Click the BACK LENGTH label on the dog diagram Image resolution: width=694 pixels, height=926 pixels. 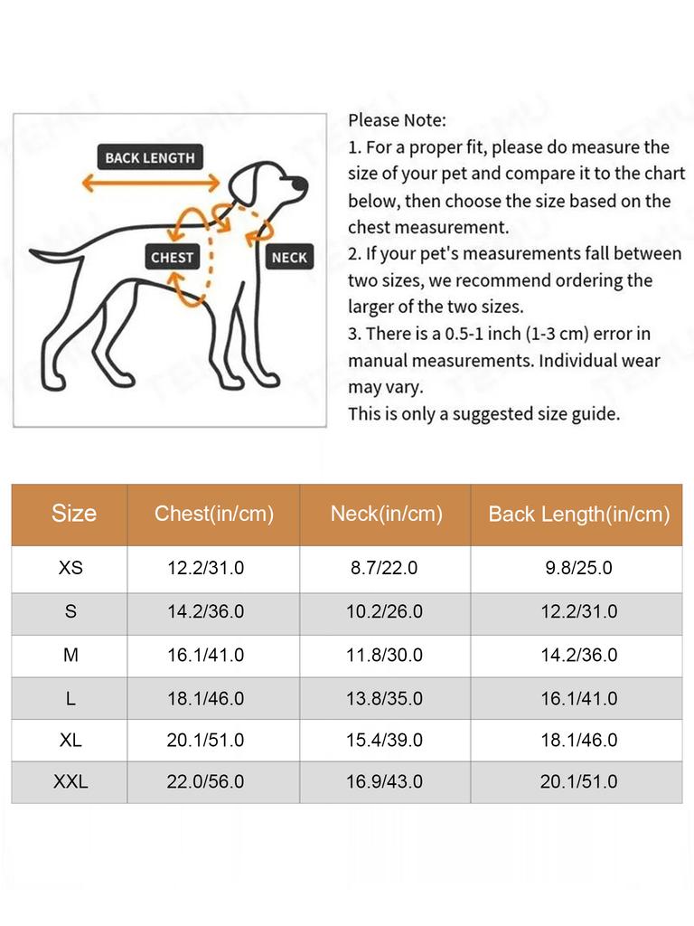pyautogui.click(x=149, y=157)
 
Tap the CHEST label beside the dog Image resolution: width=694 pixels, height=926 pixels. pyautogui.click(x=172, y=257)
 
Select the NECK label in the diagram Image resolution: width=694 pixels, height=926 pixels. pyautogui.click(x=289, y=257)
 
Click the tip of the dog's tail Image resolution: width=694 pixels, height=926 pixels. pyautogui.click(x=33, y=252)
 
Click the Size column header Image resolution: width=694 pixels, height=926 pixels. pyautogui.click(x=73, y=514)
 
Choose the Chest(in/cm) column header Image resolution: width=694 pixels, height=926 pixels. pyautogui.click(x=213, y=514)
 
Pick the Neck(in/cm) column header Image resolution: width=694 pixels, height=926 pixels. pyautogui.click(x=386, y=514)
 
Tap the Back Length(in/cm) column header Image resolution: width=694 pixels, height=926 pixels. pyautogui.click(x=578, y=515)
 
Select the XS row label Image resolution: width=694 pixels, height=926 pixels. pyautogui.click(x=70, y=568)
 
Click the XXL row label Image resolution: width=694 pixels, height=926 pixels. pyautogui.click(x=70, y=781)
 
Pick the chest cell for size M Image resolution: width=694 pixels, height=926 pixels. pyautogui.click(x=205, y=655)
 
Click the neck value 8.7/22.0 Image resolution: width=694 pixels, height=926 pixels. pyautogui.click(x=384, y=568)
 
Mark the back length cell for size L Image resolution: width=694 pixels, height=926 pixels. pyautogui.click(x=579, y=698)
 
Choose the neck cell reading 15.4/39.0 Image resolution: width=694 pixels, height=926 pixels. pyautogui.click(x=384, y=740)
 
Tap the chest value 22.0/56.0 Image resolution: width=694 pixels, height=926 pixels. pyautogui.click(x=205, y=781)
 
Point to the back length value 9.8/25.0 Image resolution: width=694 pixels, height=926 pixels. pyautogui.click(x=579, y=568)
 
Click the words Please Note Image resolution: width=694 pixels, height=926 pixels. pyautogui.click(x=397, y=119)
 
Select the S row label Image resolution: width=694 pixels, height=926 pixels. pyautogui.click(x=70, y=611)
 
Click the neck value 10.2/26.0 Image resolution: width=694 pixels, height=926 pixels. pyautogui.click(x=384, y=611)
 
